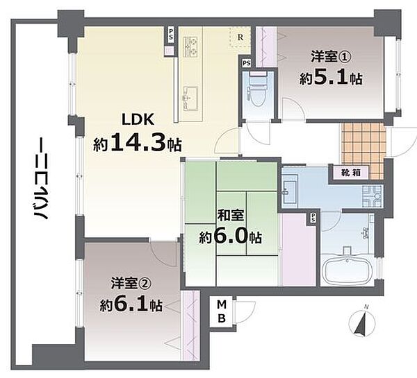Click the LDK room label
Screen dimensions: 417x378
[x=138, y=120]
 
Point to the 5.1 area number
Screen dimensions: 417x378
[x=330, y=77]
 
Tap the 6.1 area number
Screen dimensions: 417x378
[x=131, y=304]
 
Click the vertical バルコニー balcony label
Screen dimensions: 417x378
[x=40, y=179]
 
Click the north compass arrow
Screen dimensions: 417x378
[x=362, y=322]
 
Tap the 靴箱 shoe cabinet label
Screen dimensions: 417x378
[x=351, y=173]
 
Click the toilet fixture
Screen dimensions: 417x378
[x=257, y=89]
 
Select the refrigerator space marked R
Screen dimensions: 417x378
[x=240, y=37]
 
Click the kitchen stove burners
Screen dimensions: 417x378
[x=190, y=47]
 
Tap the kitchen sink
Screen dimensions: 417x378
[x=190, y=98]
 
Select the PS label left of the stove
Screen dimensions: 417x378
[x=170, y=35]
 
